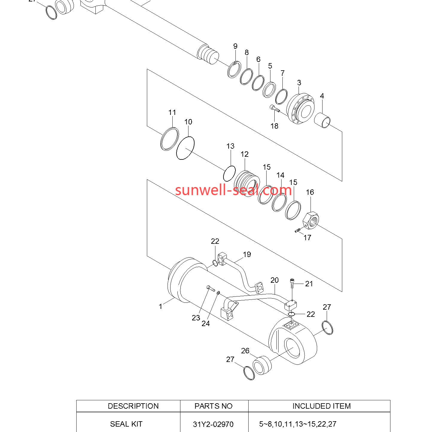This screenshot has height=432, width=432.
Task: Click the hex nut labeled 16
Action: point(311,220)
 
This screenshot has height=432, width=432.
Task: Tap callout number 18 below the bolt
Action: point(274,126)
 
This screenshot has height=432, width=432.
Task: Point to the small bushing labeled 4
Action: point(322,120)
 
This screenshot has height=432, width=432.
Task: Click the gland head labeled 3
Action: point(300,109)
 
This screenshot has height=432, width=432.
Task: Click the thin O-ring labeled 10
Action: point(185,148)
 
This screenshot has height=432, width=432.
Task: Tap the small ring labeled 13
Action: point(229,173)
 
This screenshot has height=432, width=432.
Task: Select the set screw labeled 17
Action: point(298,230)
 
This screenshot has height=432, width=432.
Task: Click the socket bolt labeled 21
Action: point(292,283)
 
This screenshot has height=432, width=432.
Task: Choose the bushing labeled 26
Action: point(262,365)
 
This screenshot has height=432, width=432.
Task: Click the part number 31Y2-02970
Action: point(213,424)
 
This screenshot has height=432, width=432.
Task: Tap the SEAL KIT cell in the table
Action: point(126,424)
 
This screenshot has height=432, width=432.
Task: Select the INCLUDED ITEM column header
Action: point(322,406)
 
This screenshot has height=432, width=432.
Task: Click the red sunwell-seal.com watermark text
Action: point(233,190)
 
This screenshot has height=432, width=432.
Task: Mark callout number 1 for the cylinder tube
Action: point(160,306)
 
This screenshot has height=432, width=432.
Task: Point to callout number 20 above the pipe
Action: point(274,280)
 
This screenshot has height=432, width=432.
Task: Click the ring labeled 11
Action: point(170,139)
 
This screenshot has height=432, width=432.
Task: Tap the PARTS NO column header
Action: point(213,406)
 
